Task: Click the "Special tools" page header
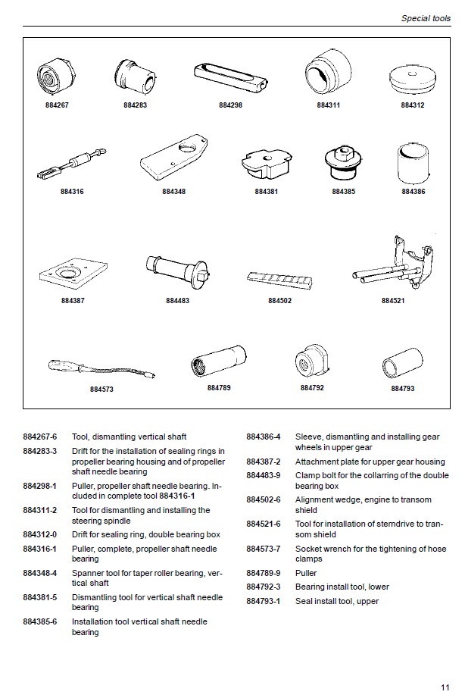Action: tap(426, 16)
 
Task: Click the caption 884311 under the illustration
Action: tap(328, 105)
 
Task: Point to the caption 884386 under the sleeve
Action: tap(413, 192)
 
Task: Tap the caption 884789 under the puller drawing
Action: tap(219, 387)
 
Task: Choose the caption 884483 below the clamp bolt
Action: tap(177, 301)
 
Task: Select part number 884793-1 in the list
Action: tap(263, 601)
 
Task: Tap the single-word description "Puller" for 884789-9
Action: tap(306, 573)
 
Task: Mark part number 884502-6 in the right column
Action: tap(263, 499)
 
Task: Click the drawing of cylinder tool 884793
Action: tap(401, 363)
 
